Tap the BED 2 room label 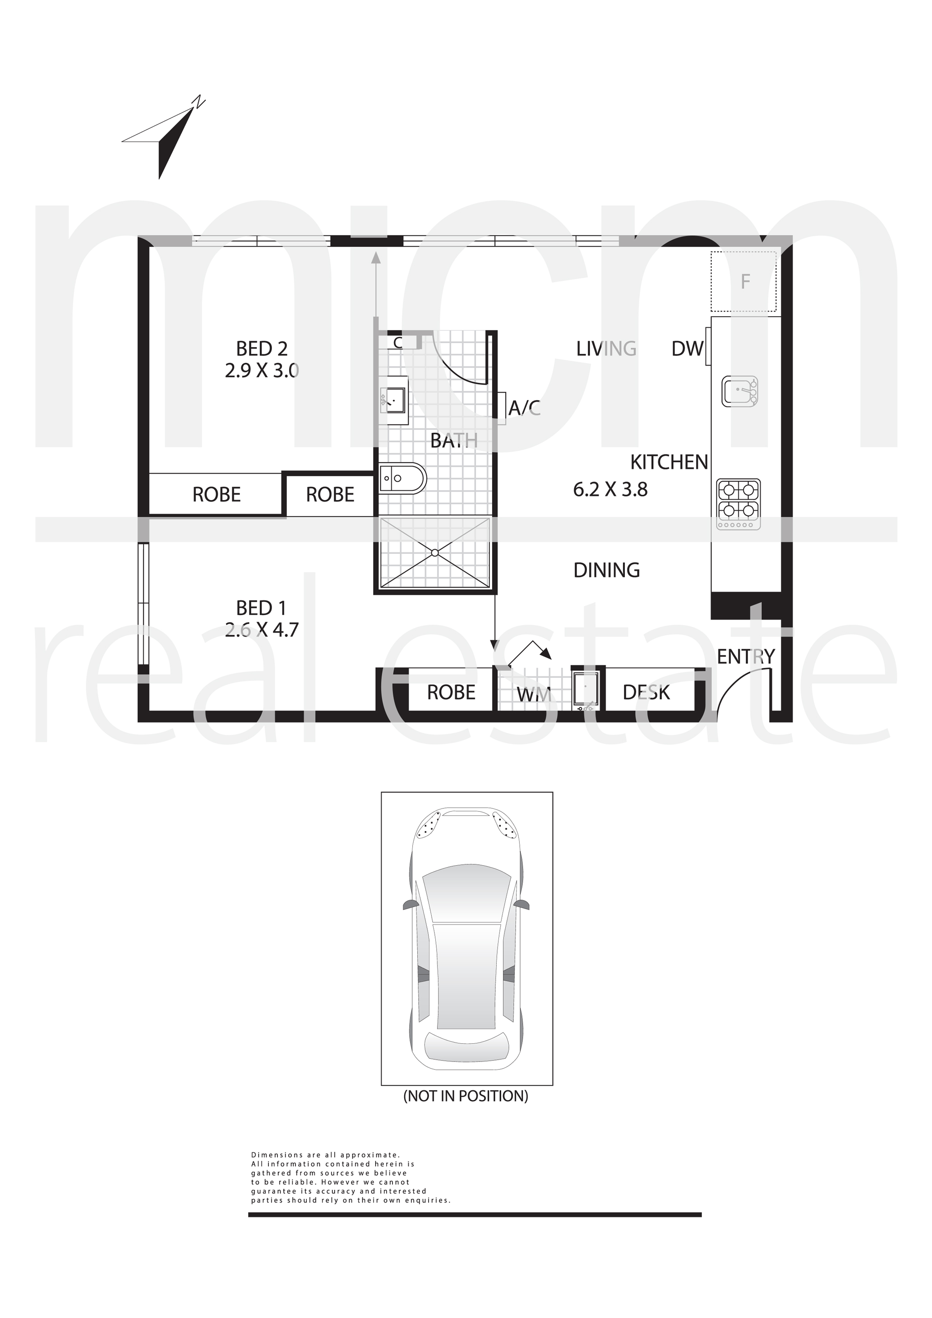(x=262, y=349)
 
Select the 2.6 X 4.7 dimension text (x=262, y=630)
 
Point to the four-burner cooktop (x=738, y=504)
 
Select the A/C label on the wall (x=525, y=408)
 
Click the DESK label (x=646, y=693)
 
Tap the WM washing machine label (x=534, y=694)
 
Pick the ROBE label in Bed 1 (x=452, y=693)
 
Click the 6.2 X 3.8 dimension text (x=610, y=490)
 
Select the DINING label (x=607, y=570)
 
